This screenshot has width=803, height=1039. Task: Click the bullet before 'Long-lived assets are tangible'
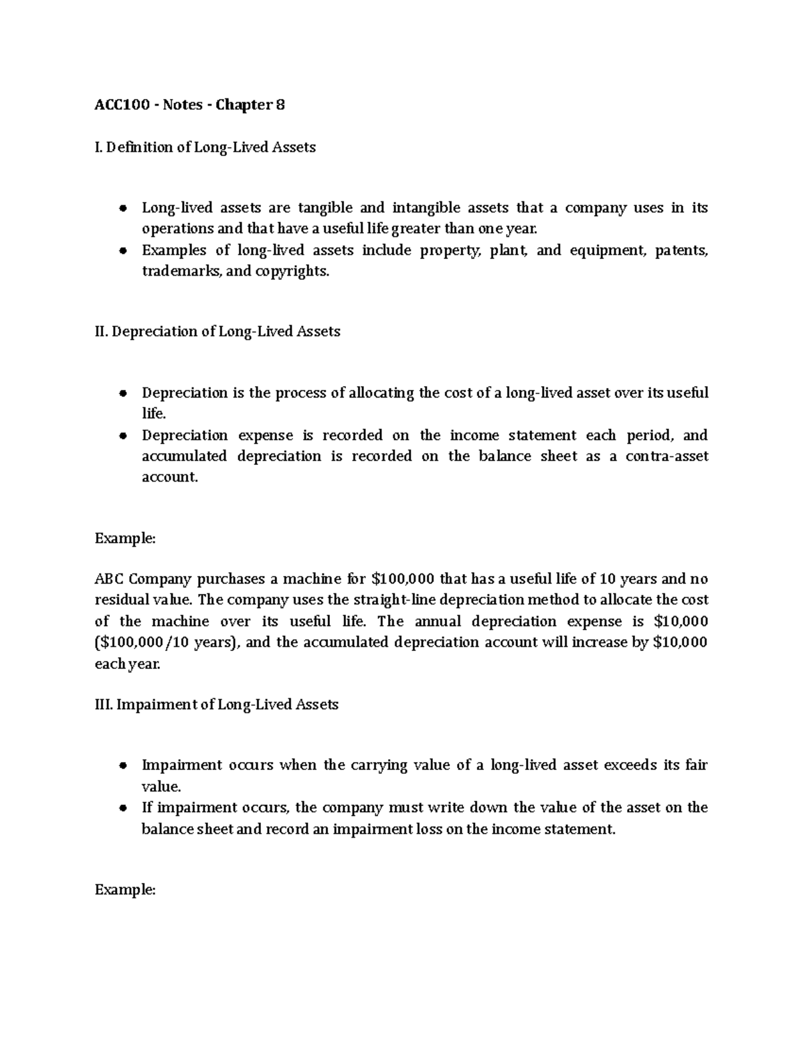pos(122,209)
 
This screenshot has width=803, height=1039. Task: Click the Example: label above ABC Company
pos(125,539)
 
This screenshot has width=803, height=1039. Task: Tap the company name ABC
pos(109,579)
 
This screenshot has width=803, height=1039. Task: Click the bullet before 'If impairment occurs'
pos(122,808)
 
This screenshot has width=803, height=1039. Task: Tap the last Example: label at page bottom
pos(125,890)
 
